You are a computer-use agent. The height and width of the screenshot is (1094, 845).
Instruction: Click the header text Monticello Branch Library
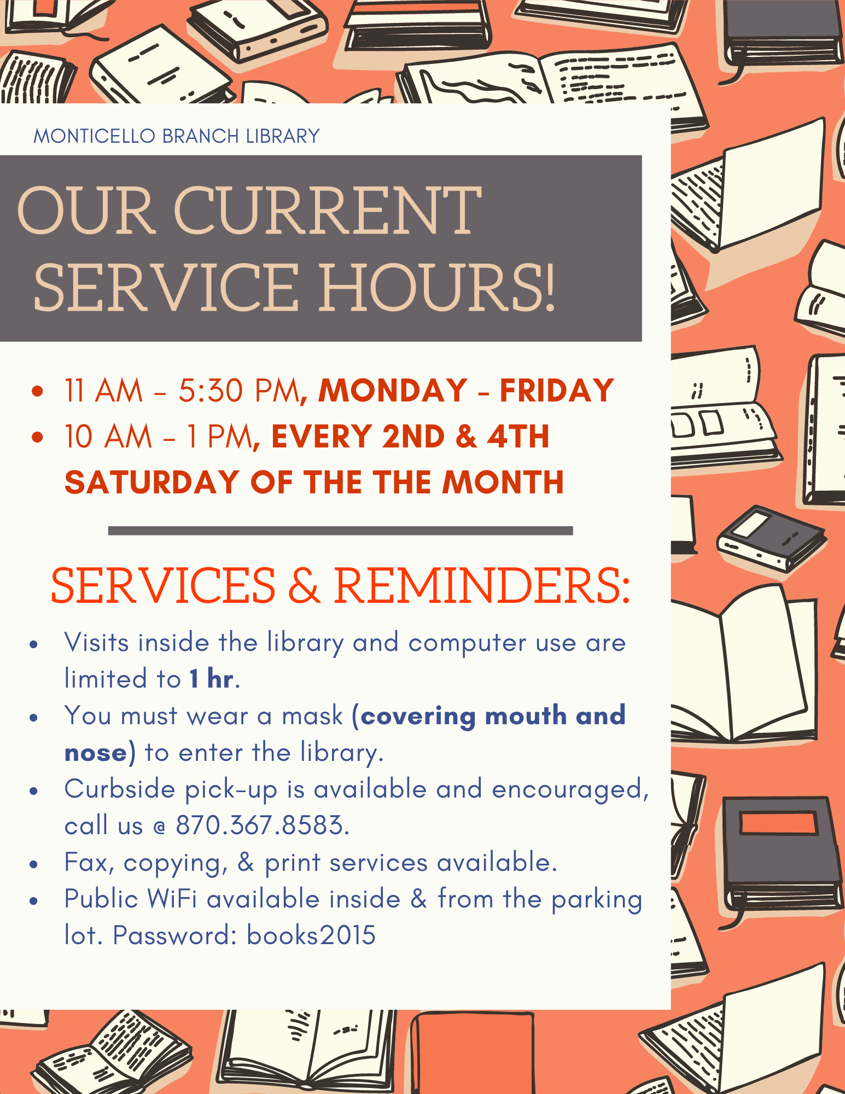pyautogui.click(x=177, y=136)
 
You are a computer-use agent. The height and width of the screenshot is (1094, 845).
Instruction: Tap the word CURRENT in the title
pyautogui.click(x=327, y=211)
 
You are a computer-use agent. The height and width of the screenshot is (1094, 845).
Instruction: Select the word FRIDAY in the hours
pyautogui.click(x=557, y=391)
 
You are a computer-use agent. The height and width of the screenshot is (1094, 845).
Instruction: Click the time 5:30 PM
pyautogui.click(x=239, y=391)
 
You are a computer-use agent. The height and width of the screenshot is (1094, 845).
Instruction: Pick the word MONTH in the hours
pyautogui.click(x=503, y=482)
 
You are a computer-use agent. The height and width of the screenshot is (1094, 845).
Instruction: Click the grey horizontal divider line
pyautogui.click(x=340, y=531)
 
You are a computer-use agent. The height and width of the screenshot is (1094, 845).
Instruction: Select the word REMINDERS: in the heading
pyautogui.click(x=482, y=586)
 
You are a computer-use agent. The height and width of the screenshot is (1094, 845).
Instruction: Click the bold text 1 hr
pyautogui.click(x=212, y=679)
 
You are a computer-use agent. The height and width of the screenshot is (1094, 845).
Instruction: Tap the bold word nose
pyautogui.click(x=96, y=753)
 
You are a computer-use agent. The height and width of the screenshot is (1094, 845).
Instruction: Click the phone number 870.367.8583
pyautogui.click(x=261, y=825)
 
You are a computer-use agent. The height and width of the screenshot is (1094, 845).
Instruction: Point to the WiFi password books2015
pyautogui.click(x=311, y=935)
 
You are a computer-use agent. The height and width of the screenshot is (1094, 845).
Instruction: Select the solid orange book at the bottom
pyautogui.click(x=473, y=1053)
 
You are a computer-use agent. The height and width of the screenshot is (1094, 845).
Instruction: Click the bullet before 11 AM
pyautogui.click(x=37, y=391)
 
